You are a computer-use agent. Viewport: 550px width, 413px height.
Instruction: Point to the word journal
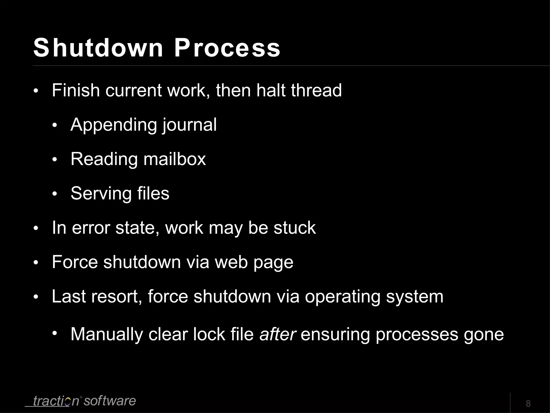[189, 125]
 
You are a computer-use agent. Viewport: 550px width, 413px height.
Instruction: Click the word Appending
[113, 125]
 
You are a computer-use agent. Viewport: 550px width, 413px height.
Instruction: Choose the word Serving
[101, 194]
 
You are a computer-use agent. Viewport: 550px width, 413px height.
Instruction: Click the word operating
[342, 297]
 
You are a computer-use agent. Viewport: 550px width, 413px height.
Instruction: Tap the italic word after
[278, 334]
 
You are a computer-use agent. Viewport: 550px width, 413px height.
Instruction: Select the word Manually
[107, 335]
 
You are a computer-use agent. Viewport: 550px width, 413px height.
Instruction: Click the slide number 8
[528, 404]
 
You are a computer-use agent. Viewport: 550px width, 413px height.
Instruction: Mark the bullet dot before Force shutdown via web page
[36, 263]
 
